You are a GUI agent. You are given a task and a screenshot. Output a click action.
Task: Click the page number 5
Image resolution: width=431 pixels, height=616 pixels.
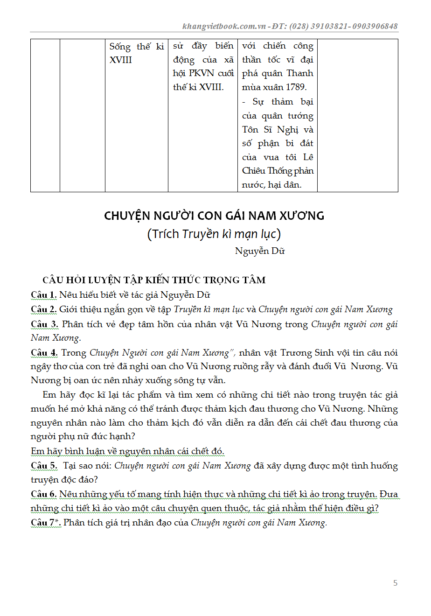[396, 583]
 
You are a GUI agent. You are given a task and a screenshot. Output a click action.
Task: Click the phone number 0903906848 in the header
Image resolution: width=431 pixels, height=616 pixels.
[375, 26]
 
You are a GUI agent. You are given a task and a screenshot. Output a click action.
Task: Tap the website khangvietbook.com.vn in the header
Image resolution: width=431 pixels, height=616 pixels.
[224, 26]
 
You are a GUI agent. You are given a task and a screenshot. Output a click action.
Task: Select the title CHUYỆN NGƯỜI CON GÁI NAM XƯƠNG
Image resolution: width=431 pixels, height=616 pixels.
[214, 216]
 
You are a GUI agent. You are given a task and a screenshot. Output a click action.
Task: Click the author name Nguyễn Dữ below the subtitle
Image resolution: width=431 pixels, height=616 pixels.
[260, 251]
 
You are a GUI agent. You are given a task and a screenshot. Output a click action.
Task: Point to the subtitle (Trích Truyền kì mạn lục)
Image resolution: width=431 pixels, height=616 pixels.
[214, 234]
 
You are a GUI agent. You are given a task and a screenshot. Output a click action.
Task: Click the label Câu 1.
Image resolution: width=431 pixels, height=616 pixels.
[44, 295]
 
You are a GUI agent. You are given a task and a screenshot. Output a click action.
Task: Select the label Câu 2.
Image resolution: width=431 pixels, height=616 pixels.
[44, 309]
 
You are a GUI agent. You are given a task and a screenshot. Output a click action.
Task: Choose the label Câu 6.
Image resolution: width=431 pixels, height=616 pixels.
[44, 494]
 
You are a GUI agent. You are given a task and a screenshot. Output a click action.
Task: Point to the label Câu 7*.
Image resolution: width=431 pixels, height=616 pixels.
[46, 523]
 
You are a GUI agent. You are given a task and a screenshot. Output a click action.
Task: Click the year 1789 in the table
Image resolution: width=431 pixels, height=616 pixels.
[296, 87]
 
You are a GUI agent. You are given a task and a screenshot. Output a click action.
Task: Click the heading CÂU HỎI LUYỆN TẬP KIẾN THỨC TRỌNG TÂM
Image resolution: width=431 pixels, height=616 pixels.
[154, 280]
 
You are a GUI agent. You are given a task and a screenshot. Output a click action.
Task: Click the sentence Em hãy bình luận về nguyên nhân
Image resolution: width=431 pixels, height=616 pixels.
[127, 451]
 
